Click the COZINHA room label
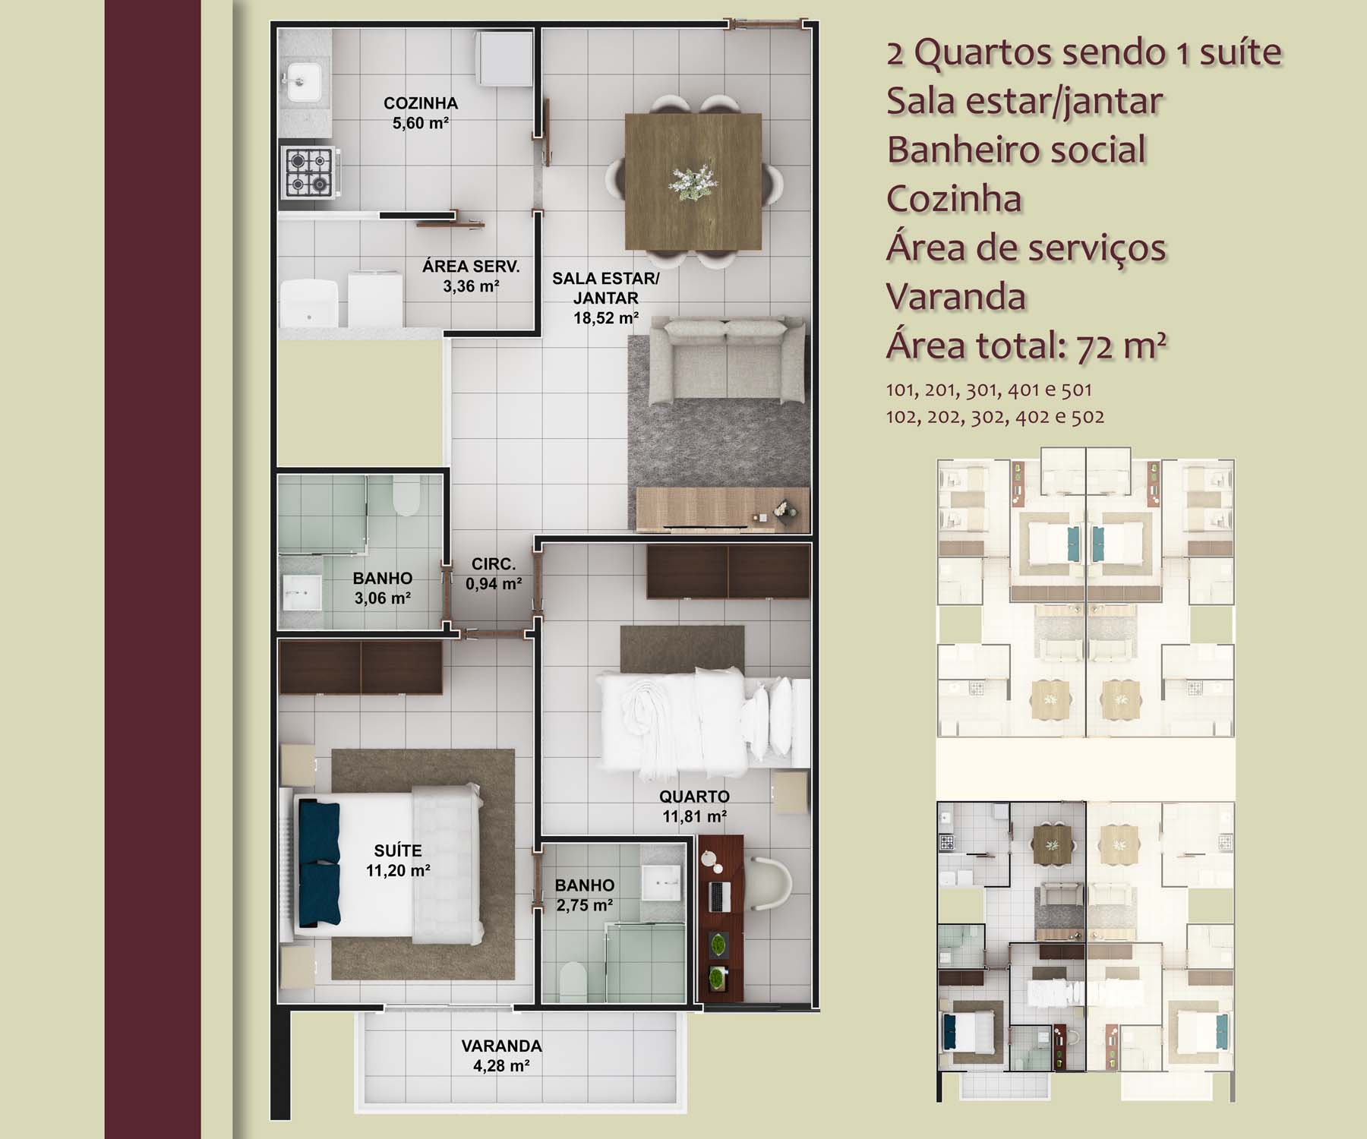(420, 103)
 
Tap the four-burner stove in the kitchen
(310, 172)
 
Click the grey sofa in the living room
(727, 361)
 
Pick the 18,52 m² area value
(605, 318)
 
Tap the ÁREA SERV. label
(471, 267)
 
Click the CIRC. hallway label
(493, 564)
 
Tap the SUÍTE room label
(398, 851)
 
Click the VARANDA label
(501, 1046)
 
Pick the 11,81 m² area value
(694, 816)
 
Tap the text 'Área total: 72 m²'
(1026, 345)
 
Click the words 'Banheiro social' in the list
(1016, 150)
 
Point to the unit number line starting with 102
(995, 417)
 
